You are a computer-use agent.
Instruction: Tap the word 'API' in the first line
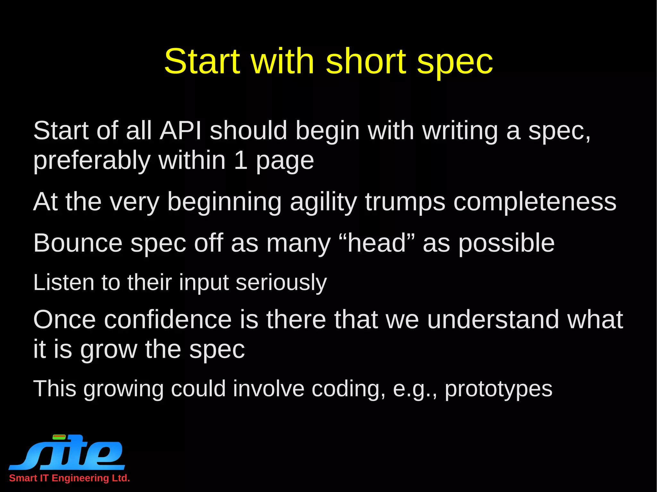pos(181,131)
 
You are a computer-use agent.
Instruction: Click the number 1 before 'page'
pos(241,160)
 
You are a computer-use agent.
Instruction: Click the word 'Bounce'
pos(78,243)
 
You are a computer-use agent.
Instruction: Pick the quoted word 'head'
pos(377,243)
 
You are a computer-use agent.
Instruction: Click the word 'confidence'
pos(168,320)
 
